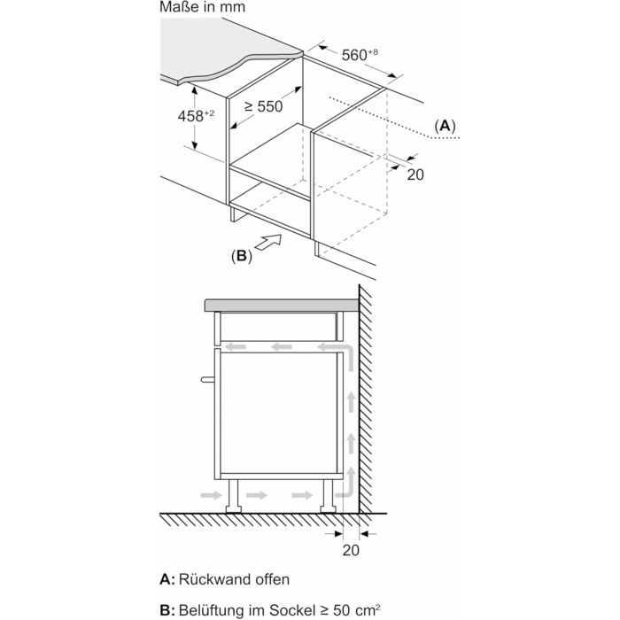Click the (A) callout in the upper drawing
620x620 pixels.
tap(445, 127)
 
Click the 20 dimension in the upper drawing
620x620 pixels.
tap(415, 174)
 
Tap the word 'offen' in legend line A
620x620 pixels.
tap(271, 579)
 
